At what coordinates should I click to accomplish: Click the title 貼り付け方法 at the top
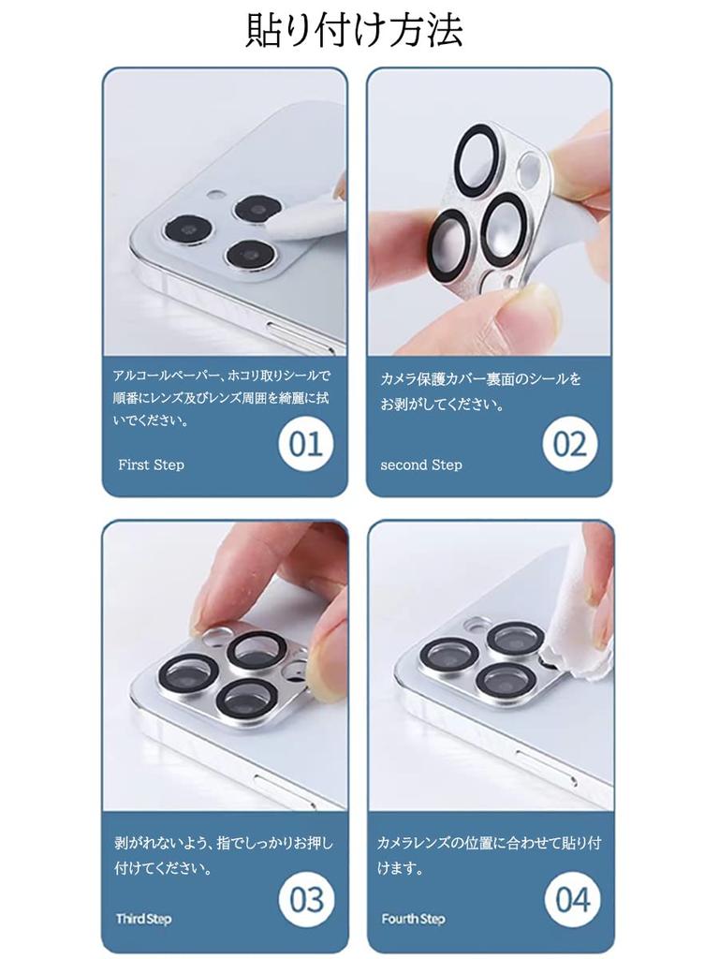(x=354, y=31)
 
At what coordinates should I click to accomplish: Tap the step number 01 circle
(x=305, y=444)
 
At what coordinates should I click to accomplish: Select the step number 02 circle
(x=569, y=444)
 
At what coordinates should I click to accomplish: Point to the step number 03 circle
(x=306, y=900)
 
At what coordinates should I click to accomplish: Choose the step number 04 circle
(x=572, y=900)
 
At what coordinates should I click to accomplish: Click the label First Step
(x=151, y=465)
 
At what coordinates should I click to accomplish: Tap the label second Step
(x=420, y=465)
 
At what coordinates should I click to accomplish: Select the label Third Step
(x=143, y=919)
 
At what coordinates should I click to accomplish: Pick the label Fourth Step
(x=413, y=919)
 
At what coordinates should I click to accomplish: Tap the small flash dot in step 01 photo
(x=215, y=196)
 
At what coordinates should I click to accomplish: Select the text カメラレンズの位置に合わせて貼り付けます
(x=489, y=855)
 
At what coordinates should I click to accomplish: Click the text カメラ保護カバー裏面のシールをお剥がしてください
(x=480, y=391)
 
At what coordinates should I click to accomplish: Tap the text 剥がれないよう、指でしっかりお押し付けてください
(x=223, y=855)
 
